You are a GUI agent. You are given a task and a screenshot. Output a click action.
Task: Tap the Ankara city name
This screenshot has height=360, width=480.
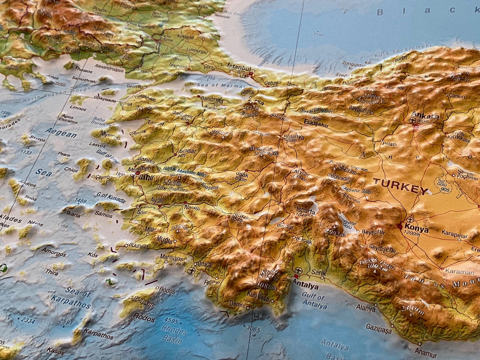click(x=425, y=115)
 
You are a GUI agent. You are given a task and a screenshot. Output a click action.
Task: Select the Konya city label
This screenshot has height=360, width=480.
click(x=417, y=229)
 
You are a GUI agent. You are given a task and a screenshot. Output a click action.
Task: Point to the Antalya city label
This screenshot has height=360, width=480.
click(x=306, y=285)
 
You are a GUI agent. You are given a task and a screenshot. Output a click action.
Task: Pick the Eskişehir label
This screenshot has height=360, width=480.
click(x=316, y=123)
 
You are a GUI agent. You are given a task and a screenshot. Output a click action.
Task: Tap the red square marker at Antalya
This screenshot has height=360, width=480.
click(x=296, y=276)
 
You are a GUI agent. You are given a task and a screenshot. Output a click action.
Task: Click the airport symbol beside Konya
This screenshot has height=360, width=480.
click(x=410, y=220)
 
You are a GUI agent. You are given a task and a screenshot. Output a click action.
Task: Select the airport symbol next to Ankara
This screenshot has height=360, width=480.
click(x=413, y=121)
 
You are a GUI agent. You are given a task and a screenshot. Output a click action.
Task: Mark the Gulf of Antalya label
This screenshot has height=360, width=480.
click(x=315, y=301)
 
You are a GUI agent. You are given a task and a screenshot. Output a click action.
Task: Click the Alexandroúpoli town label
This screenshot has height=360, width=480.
click(x=109, y=68)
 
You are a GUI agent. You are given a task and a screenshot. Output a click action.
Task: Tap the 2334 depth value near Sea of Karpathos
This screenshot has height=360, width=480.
click(x=28, y=320)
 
